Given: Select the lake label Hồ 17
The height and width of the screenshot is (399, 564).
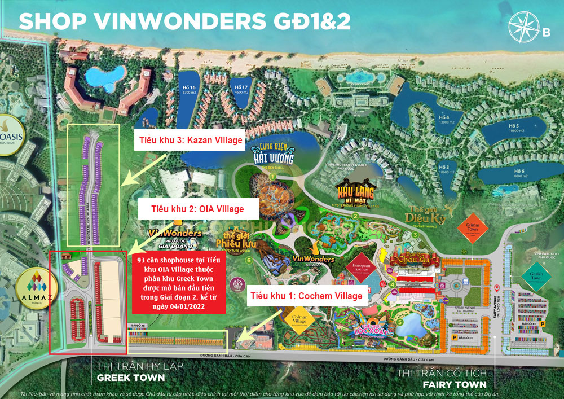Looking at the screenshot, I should coord(241,90).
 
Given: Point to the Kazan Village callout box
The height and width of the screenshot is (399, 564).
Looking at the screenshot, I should coord(188,140).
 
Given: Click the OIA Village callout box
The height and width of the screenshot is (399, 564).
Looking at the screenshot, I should coord(198,209).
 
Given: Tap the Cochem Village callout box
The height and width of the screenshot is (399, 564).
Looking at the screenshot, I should coord(306,296).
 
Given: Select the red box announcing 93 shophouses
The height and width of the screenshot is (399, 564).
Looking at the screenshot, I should coord(179,282).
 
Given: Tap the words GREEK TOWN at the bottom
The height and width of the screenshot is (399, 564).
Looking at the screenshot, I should coord(131,378).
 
